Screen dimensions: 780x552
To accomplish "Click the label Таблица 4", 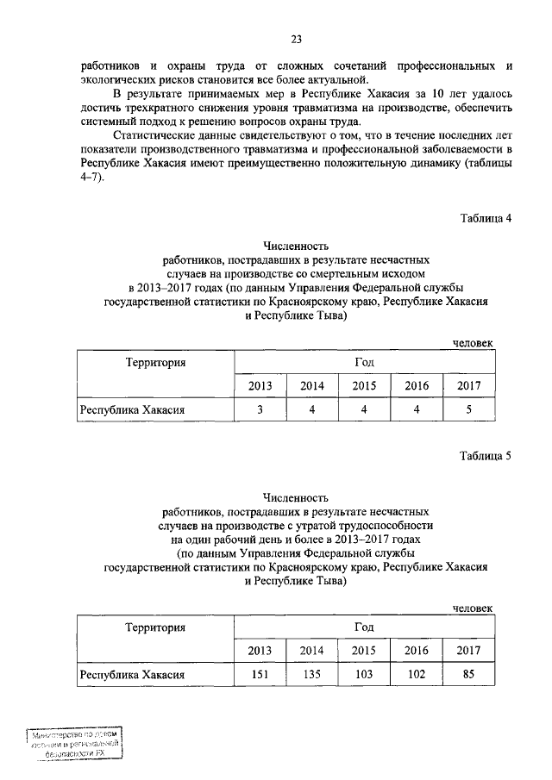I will [x=486, y=217].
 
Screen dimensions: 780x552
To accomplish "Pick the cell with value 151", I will [x=260, y=673].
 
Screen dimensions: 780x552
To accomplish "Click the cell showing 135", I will [x=311, y=673].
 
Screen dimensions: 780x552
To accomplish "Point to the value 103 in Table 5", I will [x=364, y=673].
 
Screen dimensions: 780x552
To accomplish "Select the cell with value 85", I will [x=468, y=673].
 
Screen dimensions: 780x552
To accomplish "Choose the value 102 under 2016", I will [x=417, y=673].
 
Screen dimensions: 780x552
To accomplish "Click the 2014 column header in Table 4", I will [x=311, y=385].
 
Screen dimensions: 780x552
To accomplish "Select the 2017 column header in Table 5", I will [x=468, y=649].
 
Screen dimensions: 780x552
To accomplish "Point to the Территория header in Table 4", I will [x=155, y=363].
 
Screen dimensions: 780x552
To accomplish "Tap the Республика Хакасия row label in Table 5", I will [x=133, y=673].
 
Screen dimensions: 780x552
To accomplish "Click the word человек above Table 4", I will [x=473, y=343].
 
